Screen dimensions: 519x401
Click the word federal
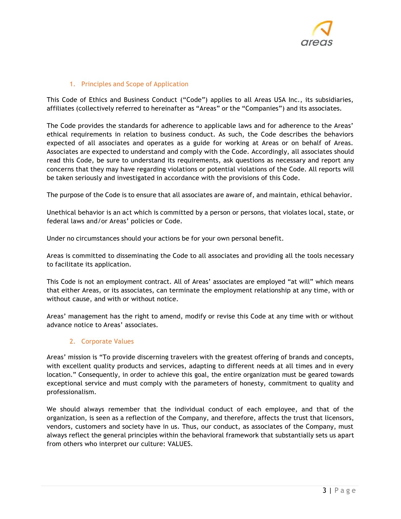pos(55,221)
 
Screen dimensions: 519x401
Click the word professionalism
pos(71,392)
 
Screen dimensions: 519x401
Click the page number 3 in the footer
pos(325,490)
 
